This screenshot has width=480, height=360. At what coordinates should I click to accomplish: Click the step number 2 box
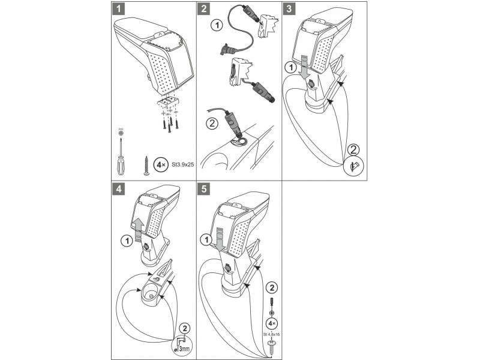tap(205, 9)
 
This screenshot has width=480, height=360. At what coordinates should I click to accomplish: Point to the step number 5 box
tap(205, 188)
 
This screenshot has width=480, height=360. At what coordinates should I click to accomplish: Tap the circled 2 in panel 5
tap(272, 287)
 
